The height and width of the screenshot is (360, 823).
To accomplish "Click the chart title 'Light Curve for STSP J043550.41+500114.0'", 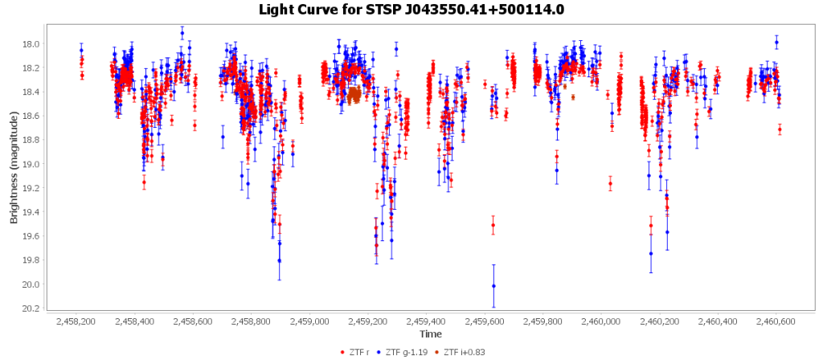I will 411,10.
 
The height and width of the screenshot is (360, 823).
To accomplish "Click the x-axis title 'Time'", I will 430,333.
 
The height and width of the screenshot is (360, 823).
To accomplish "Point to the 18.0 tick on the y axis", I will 30,44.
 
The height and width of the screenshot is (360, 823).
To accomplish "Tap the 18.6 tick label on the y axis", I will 30,117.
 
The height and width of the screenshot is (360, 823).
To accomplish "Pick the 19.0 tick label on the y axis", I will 30,165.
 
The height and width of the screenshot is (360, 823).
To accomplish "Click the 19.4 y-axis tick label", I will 30,213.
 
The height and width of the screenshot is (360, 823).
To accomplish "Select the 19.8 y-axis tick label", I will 30,260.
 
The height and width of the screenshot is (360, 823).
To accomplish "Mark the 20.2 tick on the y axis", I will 30,309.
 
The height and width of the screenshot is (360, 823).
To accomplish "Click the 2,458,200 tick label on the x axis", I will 76,321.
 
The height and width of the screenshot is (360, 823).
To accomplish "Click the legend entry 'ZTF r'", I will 358,352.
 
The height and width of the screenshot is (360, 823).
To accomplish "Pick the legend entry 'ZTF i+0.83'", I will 463,352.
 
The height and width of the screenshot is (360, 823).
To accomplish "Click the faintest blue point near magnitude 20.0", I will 493,285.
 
